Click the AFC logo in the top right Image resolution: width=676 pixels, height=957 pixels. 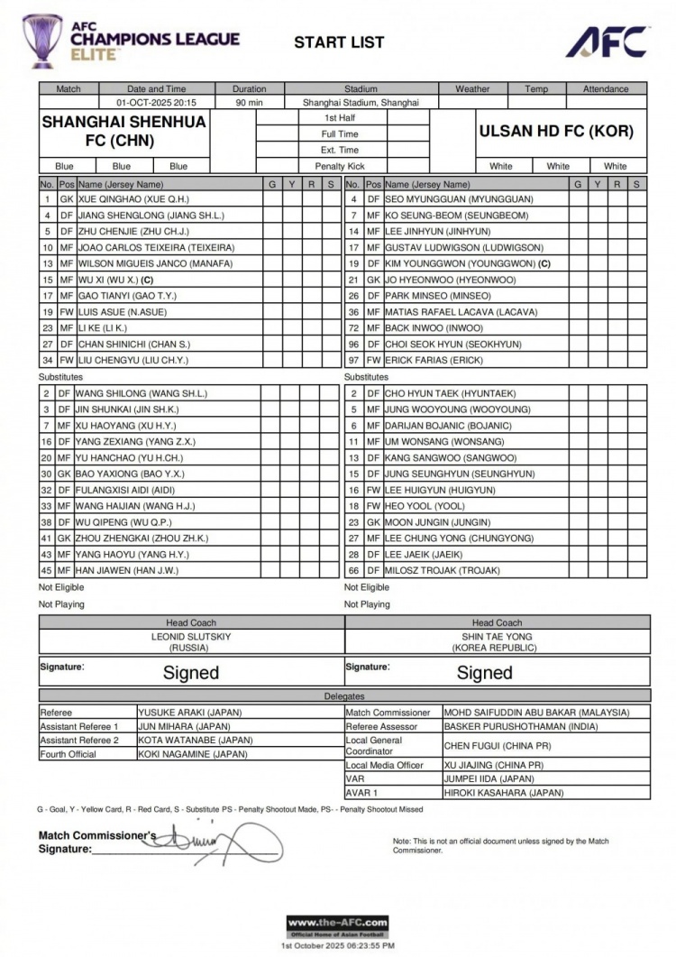[x=607, y=41]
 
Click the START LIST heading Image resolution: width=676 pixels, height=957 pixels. [x=339, y=41]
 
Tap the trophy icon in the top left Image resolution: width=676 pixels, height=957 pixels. [x=42, y=41]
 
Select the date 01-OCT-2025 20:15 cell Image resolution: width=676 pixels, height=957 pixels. [x=157, y=103]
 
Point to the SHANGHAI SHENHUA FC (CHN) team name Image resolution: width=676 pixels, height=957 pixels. [x=123, y=131]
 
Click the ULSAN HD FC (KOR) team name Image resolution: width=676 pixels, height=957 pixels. [x=556, y=131]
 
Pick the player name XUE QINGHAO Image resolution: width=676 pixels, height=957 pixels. [x=132, y=198]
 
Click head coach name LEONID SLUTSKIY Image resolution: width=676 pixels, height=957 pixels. [x=191, y=636]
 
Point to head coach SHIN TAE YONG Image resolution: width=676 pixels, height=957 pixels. [x=497, y=636]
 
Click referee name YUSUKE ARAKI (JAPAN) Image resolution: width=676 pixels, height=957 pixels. [x=189, y=712]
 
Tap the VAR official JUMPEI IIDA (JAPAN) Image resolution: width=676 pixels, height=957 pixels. [x=489, y=778]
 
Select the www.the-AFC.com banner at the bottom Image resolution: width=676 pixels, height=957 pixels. [x=338, y=924]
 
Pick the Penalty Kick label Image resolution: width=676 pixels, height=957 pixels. [x=339, y=166]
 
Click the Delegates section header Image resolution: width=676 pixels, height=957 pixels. [x=344, y=696]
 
